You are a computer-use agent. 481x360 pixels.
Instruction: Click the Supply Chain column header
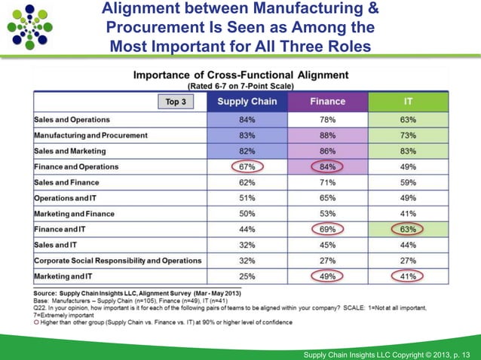pyautogui.click(x=247, y=102)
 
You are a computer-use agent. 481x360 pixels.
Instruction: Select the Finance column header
pyautogui.click(x=328, y=102)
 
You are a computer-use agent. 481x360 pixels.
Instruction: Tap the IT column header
pyautogui.click(x=407, y=102)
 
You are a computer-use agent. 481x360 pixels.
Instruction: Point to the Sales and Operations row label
pyautogui.click(x=72, y=120)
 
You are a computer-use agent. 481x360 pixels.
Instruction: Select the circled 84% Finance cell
pyautogui.click(x=328, y=166)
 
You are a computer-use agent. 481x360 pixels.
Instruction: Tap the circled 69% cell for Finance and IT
pyautogui.click(x=328, y=229)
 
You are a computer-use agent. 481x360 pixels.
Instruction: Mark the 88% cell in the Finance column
pyautogui.click(x=328, y=136)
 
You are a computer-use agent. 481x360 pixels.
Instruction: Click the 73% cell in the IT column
pyautogui.click(x=407, y=136)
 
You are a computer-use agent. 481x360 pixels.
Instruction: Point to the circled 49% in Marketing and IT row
pyautogui.click(x=328, y=276)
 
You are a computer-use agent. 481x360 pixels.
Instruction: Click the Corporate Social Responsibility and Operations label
pyautogui.click(x=118, y=261)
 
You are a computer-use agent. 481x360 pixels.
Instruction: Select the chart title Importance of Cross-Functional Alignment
pyautogui.click(x=240, y=75)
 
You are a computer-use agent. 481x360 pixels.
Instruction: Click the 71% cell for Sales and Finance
pyautogui.click(x=328, y=182)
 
